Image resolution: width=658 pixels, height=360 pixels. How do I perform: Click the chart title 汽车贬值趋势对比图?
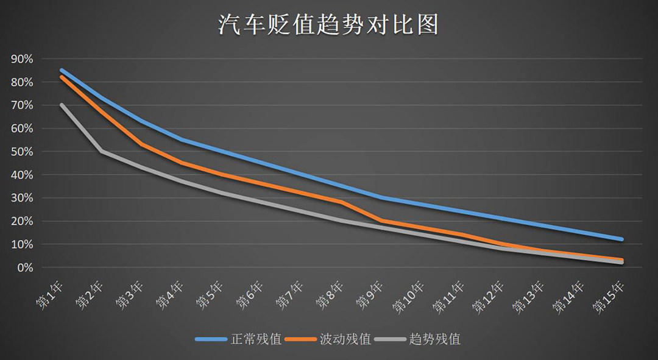tap(328, 26)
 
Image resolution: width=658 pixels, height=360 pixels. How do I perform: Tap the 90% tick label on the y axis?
tap(21, 59)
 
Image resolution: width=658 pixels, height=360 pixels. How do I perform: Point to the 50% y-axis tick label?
tap(21, 152)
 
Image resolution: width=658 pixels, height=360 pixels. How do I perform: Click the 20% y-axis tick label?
tap(21, 221)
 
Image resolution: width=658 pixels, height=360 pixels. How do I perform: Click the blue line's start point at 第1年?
tap(62, 70)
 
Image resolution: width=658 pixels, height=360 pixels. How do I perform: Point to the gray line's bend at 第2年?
tap(102, 151)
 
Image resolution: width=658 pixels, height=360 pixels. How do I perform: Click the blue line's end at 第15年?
tap(621, 239)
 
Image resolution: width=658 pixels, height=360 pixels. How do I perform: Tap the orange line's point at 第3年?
tap(141, 144)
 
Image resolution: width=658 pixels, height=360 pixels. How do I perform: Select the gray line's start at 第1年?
tap(62, 105)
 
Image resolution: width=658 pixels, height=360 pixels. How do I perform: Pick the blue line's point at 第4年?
tap(182, 139)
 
